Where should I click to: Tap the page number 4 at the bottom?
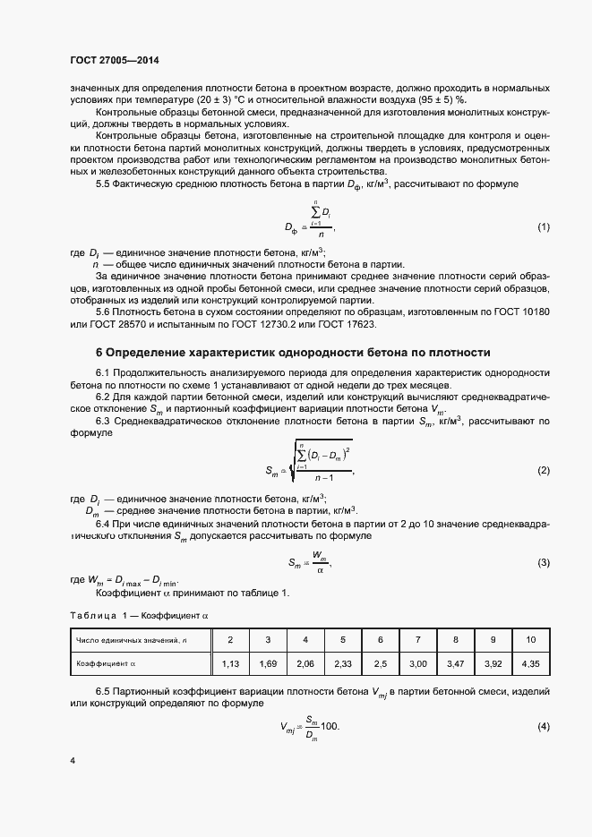click(72, 761)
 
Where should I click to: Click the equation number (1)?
click(543, 227)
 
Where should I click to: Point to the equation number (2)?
click(543, 470)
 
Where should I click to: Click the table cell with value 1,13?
click(230, 664)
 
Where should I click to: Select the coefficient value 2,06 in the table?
click(305, 664)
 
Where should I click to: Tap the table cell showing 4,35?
click(530, 664)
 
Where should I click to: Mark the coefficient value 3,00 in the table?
click(417, 664)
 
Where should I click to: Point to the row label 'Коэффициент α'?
click(107, 664)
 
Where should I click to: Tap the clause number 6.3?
click(104, 420)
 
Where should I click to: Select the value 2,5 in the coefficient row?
click(380, 664)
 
